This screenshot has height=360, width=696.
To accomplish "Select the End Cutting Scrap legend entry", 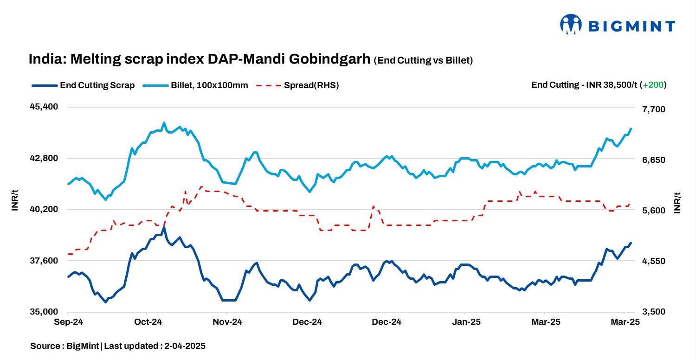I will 84,85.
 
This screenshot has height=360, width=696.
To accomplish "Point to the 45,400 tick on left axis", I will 44,107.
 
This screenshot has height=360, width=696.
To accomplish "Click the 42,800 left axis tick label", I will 44,158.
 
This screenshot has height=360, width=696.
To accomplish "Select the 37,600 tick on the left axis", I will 44,261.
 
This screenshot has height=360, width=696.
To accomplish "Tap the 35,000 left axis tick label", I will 44,312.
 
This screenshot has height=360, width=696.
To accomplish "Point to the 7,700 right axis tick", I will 653,109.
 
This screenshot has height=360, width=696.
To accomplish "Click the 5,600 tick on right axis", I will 653,211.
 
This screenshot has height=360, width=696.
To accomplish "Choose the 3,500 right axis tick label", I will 653,312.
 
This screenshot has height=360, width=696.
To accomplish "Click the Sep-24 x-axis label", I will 68,322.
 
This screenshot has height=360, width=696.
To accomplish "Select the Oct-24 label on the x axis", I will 147,322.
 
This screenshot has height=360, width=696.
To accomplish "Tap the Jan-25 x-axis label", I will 465,322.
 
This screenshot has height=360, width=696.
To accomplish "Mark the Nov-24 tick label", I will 227,322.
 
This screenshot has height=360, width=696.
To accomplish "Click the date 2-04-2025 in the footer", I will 185,346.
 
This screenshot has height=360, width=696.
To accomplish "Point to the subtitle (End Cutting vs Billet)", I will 423,60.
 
